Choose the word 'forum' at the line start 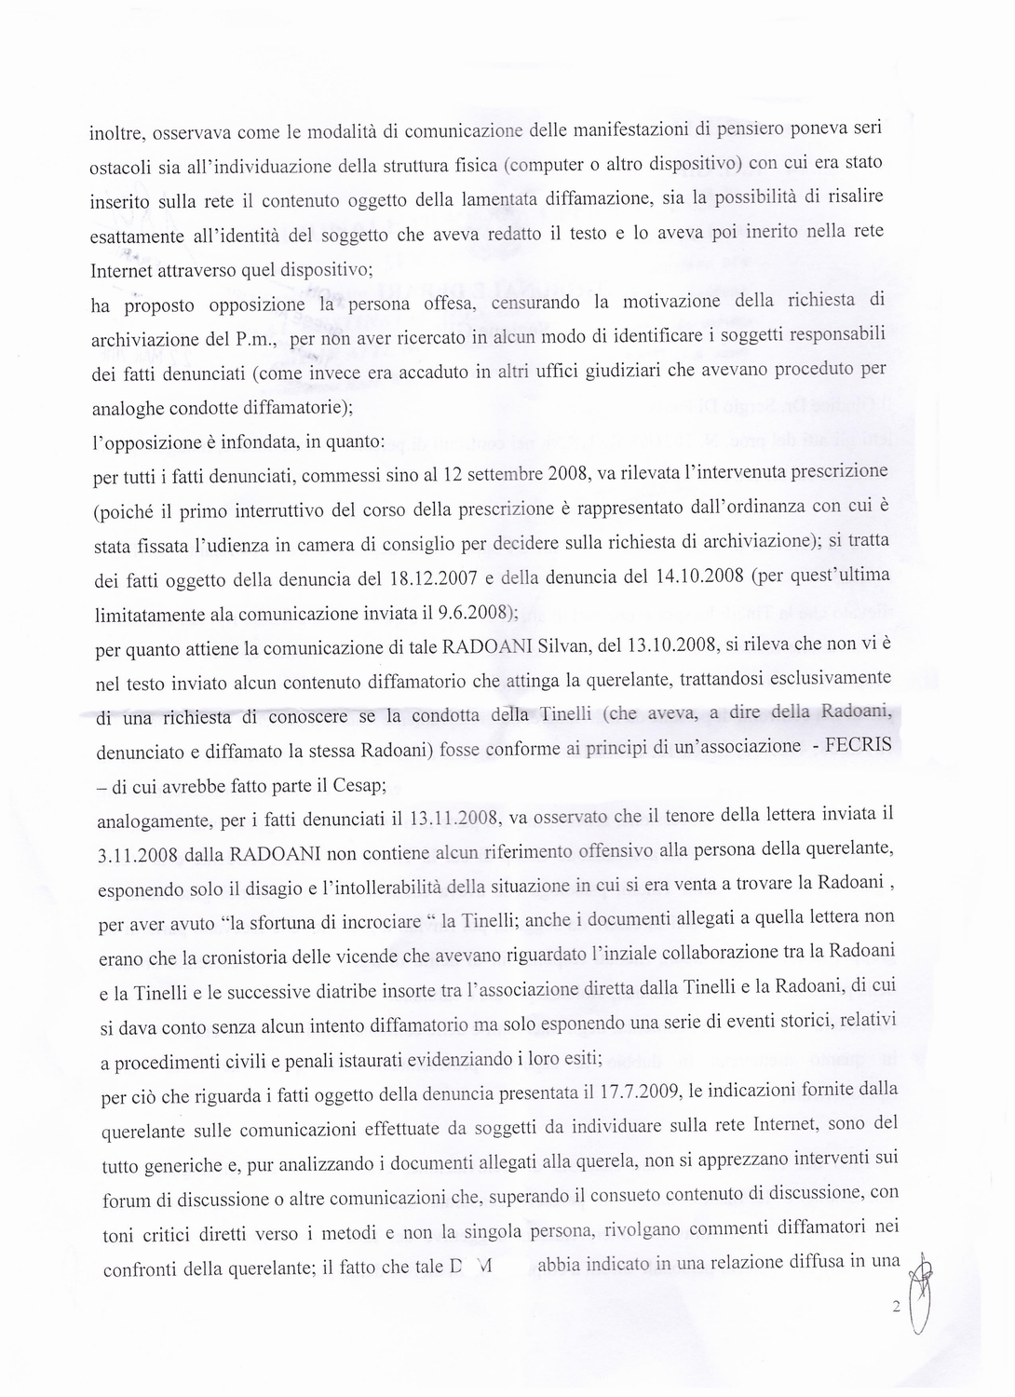[126, 1201]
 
